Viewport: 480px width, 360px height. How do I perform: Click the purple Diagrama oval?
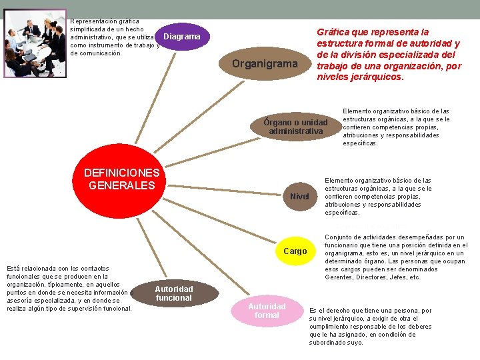pyautogui.click(x=181, y=37)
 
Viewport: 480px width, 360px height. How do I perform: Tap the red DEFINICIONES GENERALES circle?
pyautogui.click(x=122, y=180)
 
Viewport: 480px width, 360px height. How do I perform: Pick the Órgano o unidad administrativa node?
pyautogui.click(x=295, y=127)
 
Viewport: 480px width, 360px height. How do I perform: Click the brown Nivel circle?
pyautogui.click(x=299, y=196)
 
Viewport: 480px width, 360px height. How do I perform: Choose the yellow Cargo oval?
pyautogui.click(x=295, y=251)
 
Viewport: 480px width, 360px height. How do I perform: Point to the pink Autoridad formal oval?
pyautogui.click(x=267, y=311)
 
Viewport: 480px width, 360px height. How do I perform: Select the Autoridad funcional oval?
pyautogui.click(x=173, y=293)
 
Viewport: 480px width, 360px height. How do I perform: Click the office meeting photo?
pyautogui.click(x=35, y=43)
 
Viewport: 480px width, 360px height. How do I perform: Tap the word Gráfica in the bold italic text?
pyautogui.click(x=333, y=32)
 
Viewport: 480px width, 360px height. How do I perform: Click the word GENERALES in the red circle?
pyautogui.click(x=122, y=185)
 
